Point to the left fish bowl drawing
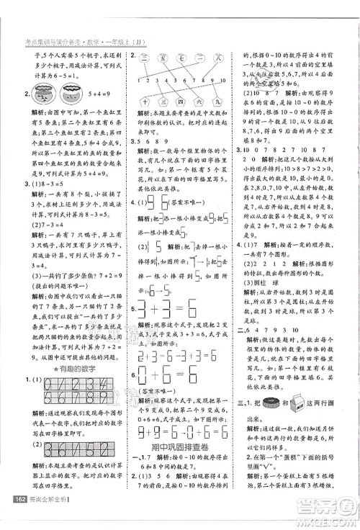(x=37, y=89)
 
